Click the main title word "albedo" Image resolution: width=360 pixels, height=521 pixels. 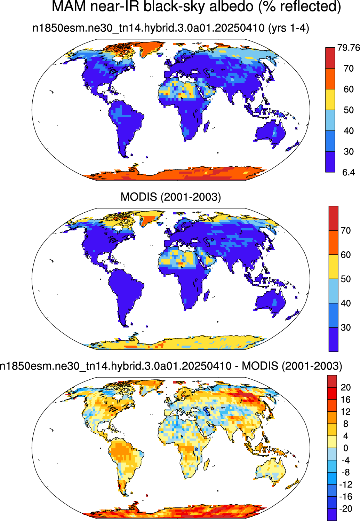[231, 6]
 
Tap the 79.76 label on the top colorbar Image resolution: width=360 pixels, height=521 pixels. [349, 48]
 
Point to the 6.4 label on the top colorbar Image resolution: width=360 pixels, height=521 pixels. [349, 172]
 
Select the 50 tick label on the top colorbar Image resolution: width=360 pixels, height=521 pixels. [349, 110]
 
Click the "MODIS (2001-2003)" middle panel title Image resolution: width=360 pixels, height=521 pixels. [170, 197]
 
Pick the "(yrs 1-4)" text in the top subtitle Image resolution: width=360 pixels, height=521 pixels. [288, 28]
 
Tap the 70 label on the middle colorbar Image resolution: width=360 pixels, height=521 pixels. [346, 230]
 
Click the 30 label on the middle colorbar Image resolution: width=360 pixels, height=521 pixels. [346, 327]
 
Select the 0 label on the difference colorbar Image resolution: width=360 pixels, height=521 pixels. [346, 448]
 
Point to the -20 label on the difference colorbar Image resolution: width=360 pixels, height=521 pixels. [346, 509]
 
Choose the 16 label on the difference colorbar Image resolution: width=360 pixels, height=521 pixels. [346, 399]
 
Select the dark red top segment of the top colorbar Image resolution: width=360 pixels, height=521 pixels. [330, 58]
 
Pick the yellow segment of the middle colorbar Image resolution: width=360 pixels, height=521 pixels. [333, 267]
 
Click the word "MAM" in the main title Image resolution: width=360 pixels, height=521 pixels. [69, 6]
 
